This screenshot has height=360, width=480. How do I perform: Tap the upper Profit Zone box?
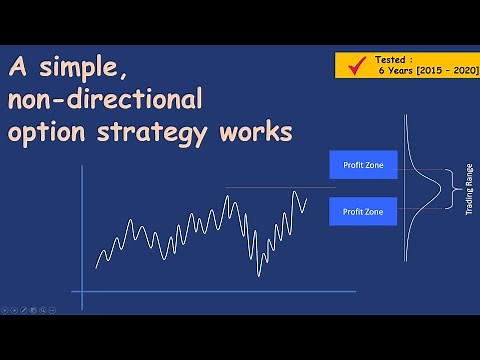362,165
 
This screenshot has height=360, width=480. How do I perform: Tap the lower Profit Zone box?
362,211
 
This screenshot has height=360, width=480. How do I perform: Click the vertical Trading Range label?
468,188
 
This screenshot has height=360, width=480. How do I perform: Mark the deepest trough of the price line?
258,275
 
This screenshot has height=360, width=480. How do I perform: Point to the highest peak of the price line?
296,191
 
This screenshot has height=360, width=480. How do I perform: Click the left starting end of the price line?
96,267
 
